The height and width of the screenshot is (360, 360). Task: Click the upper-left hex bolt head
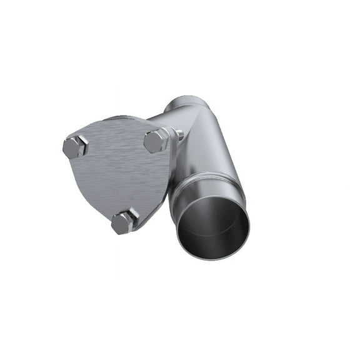click(74, 147)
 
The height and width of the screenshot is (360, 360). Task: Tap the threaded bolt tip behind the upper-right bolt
click(179, 134)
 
